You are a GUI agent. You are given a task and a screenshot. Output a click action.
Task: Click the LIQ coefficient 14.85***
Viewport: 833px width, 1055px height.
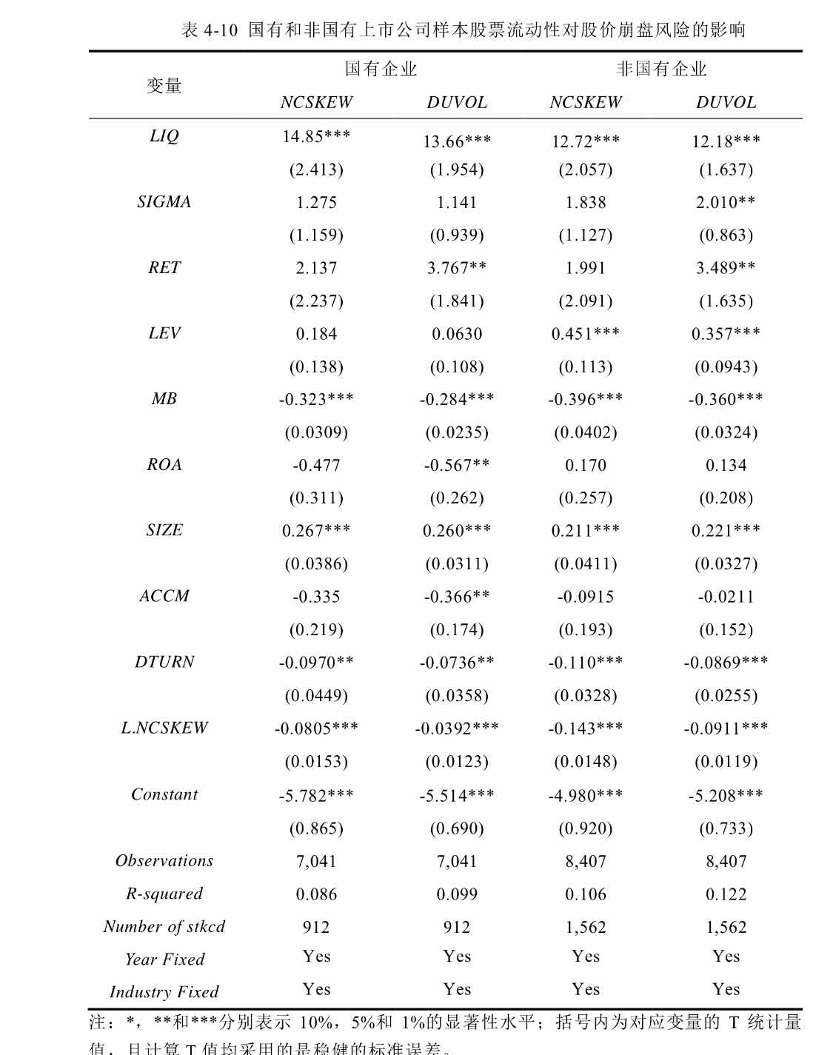(316, 136)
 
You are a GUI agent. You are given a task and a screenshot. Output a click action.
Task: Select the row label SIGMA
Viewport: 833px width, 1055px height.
(164, 202)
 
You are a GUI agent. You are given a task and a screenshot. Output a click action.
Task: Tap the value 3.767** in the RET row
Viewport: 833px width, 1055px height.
(457, 267)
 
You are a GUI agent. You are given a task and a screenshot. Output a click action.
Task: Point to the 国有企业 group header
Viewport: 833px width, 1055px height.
(381, 69)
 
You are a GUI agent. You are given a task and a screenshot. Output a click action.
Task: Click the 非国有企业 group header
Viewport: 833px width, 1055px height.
(661, 69)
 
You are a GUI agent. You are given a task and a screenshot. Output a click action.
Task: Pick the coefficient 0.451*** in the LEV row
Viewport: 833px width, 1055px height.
(586, 334)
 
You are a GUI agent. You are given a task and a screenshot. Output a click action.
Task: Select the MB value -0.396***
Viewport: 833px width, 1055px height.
(586, 399)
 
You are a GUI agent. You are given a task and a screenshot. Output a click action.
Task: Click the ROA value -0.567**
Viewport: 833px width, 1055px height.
(457, 465)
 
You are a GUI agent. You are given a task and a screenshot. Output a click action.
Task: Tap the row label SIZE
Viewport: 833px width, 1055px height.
(164, 530)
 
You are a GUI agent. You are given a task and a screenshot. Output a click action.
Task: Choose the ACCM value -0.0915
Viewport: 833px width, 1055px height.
(586, 597)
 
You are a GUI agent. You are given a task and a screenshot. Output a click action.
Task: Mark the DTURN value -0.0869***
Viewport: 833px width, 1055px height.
(726, 662)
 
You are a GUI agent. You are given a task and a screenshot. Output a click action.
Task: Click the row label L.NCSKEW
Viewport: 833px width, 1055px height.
(164, 728)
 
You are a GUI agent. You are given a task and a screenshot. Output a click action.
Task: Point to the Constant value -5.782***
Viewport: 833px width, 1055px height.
(316, 796)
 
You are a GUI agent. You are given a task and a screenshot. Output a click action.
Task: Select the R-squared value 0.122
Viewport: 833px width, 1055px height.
(726, 894)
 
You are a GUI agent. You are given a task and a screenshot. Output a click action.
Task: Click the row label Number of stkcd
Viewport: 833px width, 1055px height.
(164, 927)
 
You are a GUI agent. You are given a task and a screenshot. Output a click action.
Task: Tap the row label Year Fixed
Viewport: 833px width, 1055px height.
(164, 959)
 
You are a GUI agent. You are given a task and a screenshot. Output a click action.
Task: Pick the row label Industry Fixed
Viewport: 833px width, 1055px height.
(164, 992)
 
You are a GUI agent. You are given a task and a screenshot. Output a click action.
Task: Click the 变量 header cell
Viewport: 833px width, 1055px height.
(164, 86)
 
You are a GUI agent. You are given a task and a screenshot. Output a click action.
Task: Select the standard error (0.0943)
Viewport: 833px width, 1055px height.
(726, 367)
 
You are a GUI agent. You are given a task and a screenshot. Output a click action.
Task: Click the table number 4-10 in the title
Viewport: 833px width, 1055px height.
(221, 30)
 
